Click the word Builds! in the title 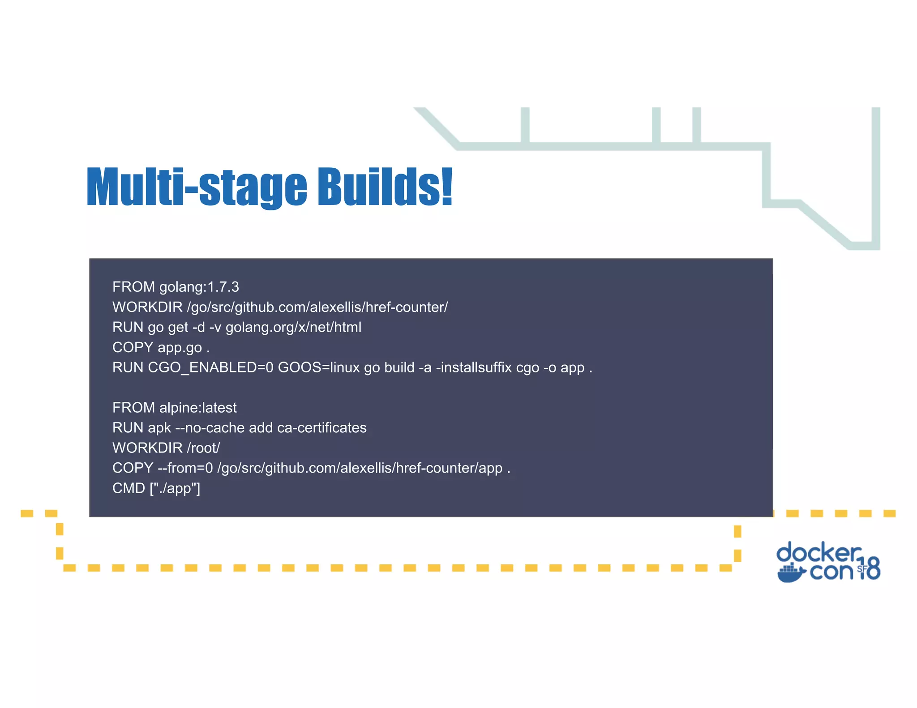coord(385,187)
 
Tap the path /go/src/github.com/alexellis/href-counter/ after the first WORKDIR coord(317,307)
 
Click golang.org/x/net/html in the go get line coord(293,328)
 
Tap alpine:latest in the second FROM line coord(198,408)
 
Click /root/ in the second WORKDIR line coord(203,448)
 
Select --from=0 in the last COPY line coord(185,468)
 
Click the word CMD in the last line coord(129,488)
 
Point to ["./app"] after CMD coord(175,488)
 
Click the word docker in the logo coord(818,553)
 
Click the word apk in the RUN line coord(159,428)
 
